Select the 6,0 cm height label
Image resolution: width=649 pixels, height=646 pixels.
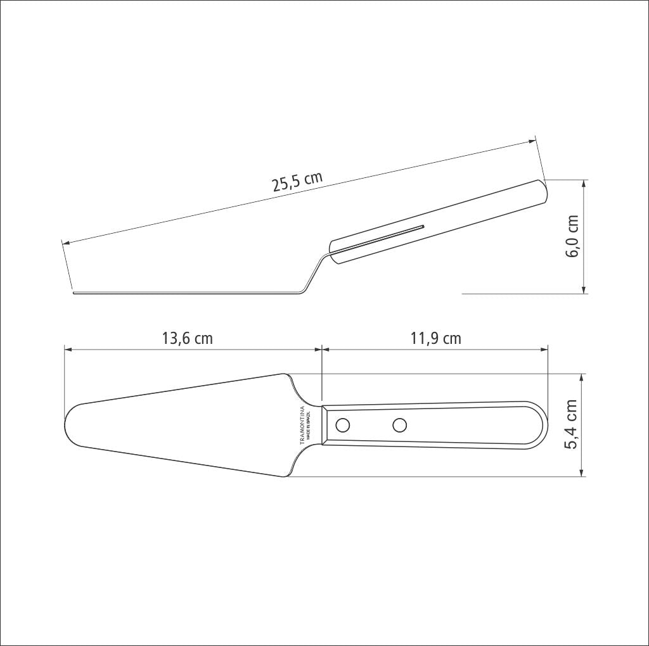[x=573, y=236]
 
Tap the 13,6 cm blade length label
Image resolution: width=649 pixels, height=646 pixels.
[x=188, y=338]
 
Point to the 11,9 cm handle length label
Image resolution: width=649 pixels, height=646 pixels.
[x=435, y=338]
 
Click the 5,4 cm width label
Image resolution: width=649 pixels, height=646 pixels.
[x=572, y=424]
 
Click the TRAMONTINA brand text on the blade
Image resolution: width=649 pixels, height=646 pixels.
[x=302, y=425]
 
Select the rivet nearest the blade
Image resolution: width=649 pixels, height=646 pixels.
[x=342, y=425]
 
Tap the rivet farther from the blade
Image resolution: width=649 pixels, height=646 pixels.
[x=399, y=425]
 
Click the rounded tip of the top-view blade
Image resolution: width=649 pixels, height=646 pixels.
[x=67, y=425]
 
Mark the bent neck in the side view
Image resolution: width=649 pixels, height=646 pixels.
[x=314, y=273]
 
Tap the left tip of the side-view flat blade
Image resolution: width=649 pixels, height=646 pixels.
[x=74, y=293]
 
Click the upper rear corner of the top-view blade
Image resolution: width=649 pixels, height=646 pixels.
[x=283, y=374]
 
